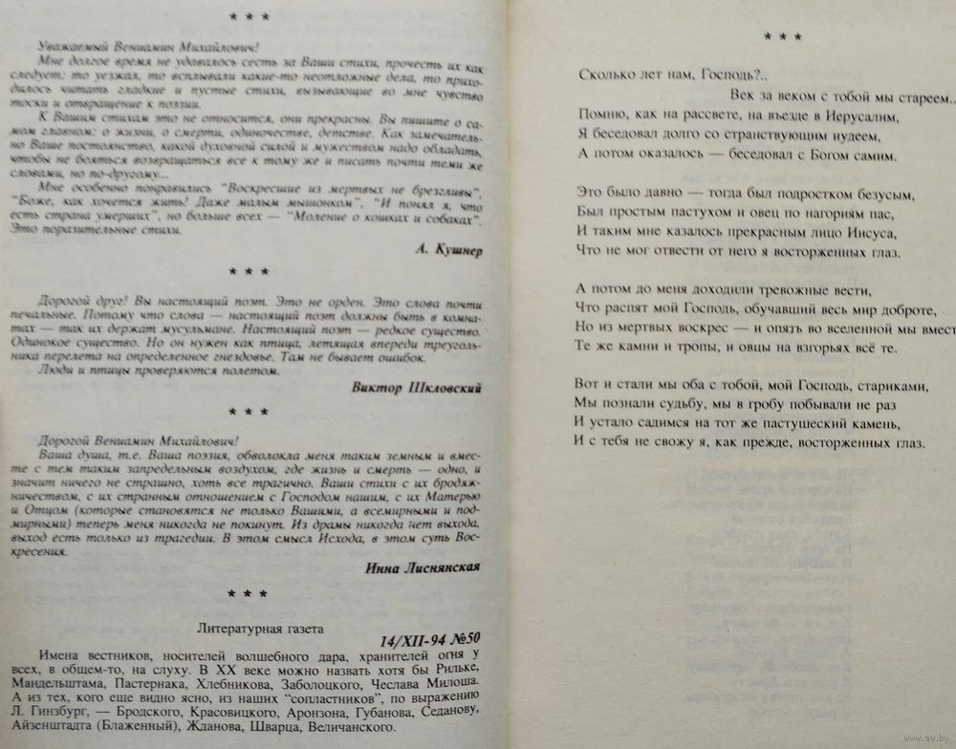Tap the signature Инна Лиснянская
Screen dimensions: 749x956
tap(419, 567)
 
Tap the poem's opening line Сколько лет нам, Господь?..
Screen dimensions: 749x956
tap(668, 74)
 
